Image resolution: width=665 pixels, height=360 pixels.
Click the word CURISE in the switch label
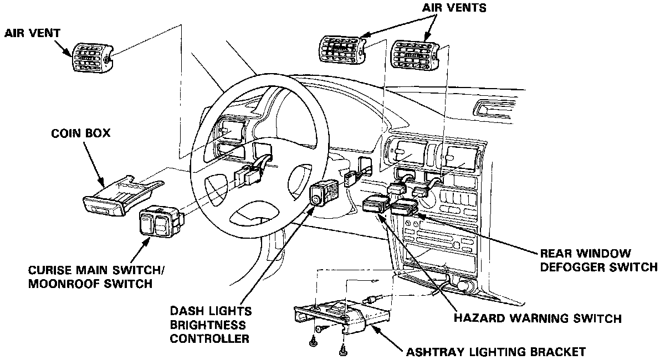tap(49, 271)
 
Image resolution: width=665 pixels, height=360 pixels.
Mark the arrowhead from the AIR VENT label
tap(73, 56)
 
